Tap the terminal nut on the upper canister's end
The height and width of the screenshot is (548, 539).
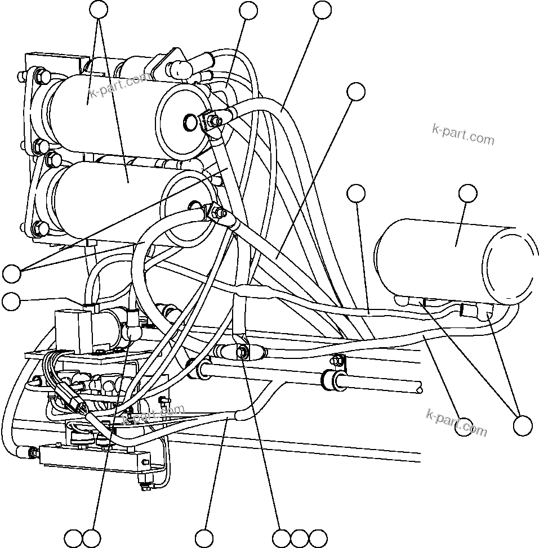tap(212, 120)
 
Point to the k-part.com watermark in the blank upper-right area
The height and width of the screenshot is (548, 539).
tap(462, 134)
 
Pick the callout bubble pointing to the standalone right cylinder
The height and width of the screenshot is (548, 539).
tap(467, 193)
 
